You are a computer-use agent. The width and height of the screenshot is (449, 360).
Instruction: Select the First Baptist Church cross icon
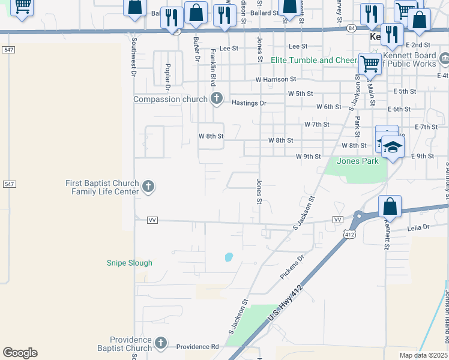click(x=148, y=187)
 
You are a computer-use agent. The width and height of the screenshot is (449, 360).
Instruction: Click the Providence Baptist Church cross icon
click(x=160, y=343)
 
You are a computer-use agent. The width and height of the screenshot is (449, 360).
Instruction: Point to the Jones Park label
click(x=358, y=161)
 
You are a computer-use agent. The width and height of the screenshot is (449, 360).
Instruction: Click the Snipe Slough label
click(x=130, y=263)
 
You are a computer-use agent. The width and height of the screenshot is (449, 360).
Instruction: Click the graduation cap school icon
click(x=393, y=147)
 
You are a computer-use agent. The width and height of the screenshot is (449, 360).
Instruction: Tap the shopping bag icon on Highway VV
click(x=390, y=206)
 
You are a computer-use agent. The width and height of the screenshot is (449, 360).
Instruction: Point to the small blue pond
click(x=229, y=257)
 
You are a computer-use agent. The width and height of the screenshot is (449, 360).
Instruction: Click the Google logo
click(x=20, y=353)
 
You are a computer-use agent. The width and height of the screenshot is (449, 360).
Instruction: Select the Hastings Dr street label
click(x=249, y=103)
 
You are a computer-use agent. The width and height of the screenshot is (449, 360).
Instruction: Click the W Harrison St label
click(x=276, y=79)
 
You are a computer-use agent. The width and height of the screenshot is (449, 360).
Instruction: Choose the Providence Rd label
click(x=197, y=347)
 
